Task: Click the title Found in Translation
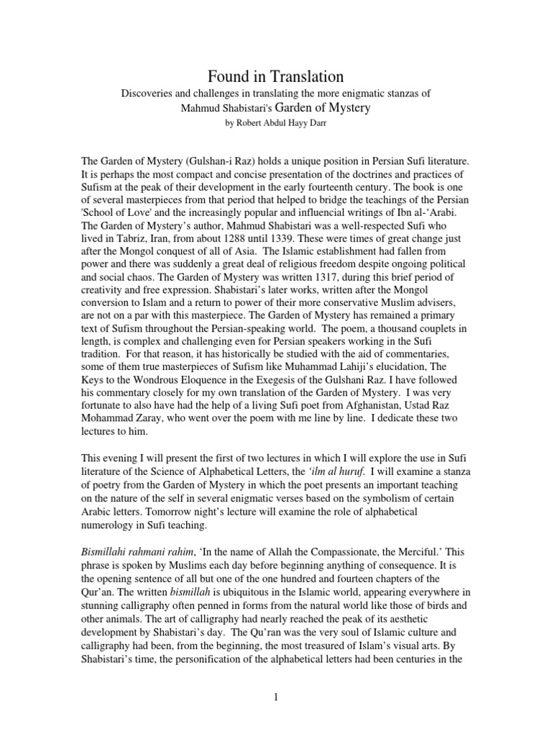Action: click(276, 76)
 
